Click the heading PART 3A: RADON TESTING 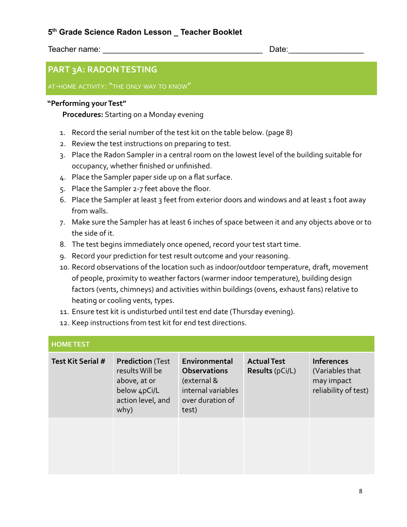[x=102, y=69]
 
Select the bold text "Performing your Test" [x=87, y=103]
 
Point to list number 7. [x=63, y=222]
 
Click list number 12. [x=64, y=323]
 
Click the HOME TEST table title [x=70, y=344]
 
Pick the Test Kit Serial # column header [x=78, y=361]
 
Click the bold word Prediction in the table [x=134, y=361]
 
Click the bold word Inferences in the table [x=330, y=361]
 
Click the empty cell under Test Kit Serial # [x=81, y=446]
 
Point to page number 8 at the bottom [x=360, y=491]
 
